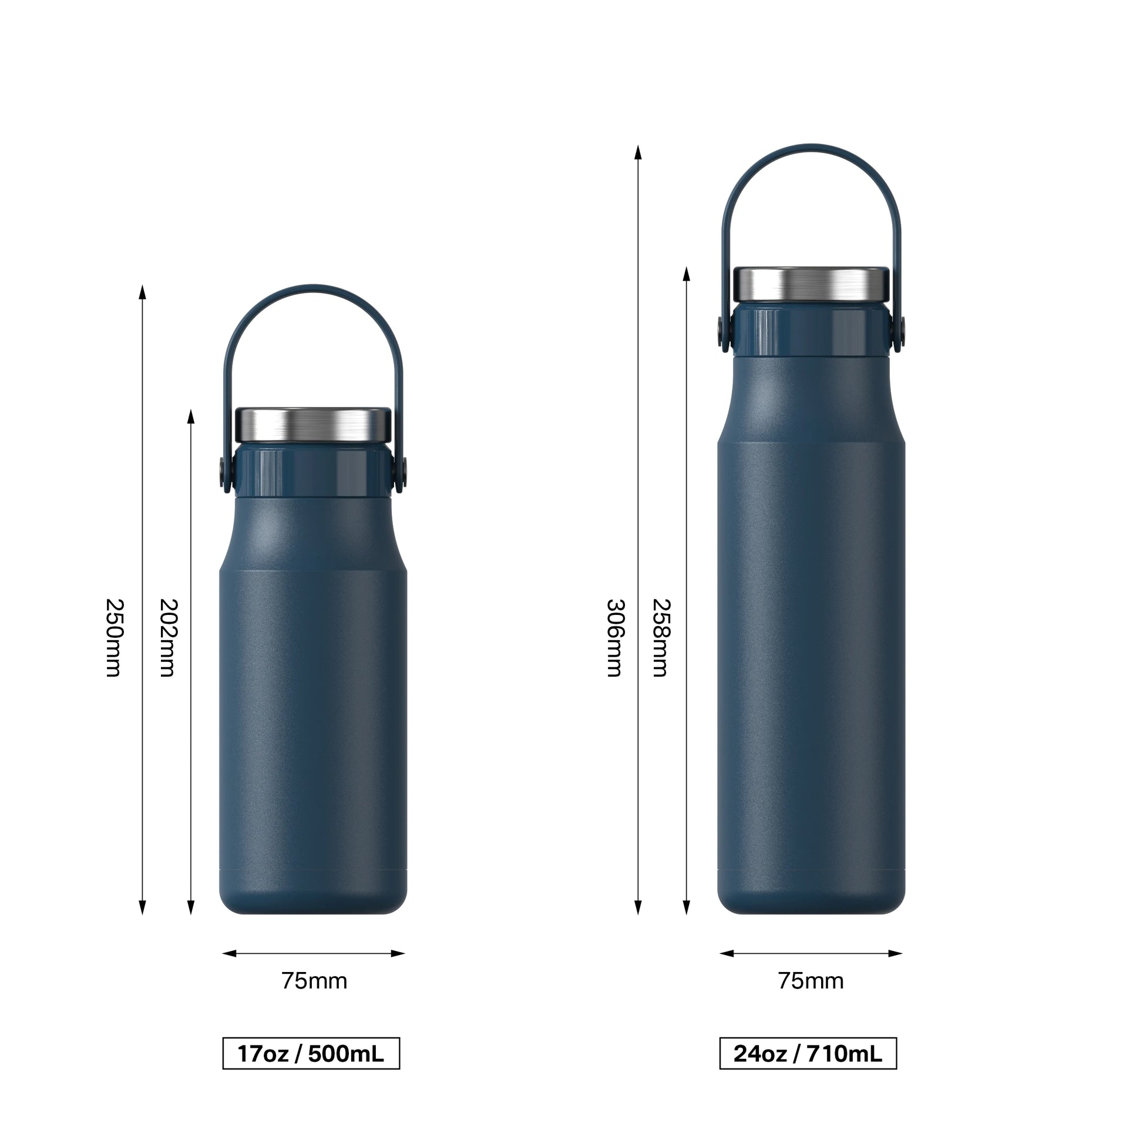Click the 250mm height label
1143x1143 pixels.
(x=113, y=638)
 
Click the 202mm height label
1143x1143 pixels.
(x=169, y=638)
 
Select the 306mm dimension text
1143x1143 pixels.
(x=616, y=638)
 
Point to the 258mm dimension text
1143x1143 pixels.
(x=661, y=638)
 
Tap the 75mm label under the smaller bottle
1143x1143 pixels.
(x=314, y=981)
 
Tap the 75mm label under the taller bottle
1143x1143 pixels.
(x=811, y=981)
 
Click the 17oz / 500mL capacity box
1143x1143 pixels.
(x=311, y=1054)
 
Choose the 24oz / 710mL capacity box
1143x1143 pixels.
(x=808, y=1054)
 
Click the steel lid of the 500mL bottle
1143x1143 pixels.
(x=314, y=425)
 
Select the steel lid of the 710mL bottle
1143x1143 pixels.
(x=811, y=283)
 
